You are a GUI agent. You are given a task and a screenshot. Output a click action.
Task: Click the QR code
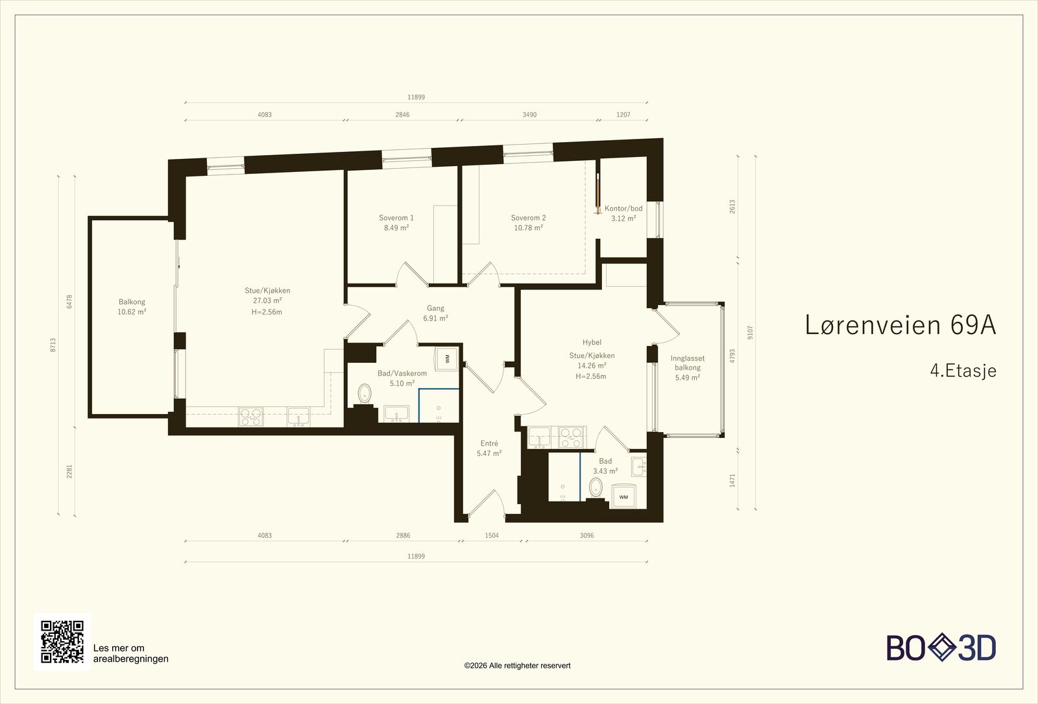click(x=62, y=642)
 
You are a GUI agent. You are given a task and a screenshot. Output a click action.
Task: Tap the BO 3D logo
click(x=941, y=648)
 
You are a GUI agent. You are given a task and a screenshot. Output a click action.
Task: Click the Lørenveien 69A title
click(x=900, y=324)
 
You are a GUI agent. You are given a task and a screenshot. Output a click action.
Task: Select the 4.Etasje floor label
click(x=963, y=370)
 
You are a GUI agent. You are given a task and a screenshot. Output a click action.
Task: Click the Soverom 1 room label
click(x=396, y=223)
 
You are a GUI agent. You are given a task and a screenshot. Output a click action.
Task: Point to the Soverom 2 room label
click(x=528, y=223)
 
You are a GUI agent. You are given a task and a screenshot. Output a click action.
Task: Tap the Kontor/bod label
click(x=623, y=213)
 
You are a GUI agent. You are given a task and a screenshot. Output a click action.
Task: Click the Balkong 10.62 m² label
click(x=132, y=307)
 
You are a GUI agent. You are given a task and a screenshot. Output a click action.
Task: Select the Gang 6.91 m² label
click(x=435, y=313)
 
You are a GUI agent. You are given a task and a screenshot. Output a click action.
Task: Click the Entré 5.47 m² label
click(x=489, y=448)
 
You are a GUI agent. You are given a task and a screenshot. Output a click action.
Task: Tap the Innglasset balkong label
click(x=688, y=368)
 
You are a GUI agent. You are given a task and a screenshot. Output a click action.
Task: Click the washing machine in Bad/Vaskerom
click(x=447, y=359)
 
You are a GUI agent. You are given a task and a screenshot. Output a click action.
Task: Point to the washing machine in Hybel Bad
click(x=623, y=497)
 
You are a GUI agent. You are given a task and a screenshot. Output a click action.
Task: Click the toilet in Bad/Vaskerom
click(x=365, y=393)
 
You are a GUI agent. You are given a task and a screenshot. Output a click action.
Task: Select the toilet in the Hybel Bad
click(x=596, y=487)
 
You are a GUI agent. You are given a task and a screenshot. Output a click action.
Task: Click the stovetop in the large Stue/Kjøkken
click(x=250, y=416)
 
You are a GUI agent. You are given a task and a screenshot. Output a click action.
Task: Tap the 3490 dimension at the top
click(x=529, y=114)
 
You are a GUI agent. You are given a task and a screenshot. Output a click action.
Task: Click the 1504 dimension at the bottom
click(x=492, y=535)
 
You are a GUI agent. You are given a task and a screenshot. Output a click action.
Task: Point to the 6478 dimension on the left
click(x=69, y=302)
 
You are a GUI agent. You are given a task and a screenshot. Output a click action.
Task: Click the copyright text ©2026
click(x=517, y=666)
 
